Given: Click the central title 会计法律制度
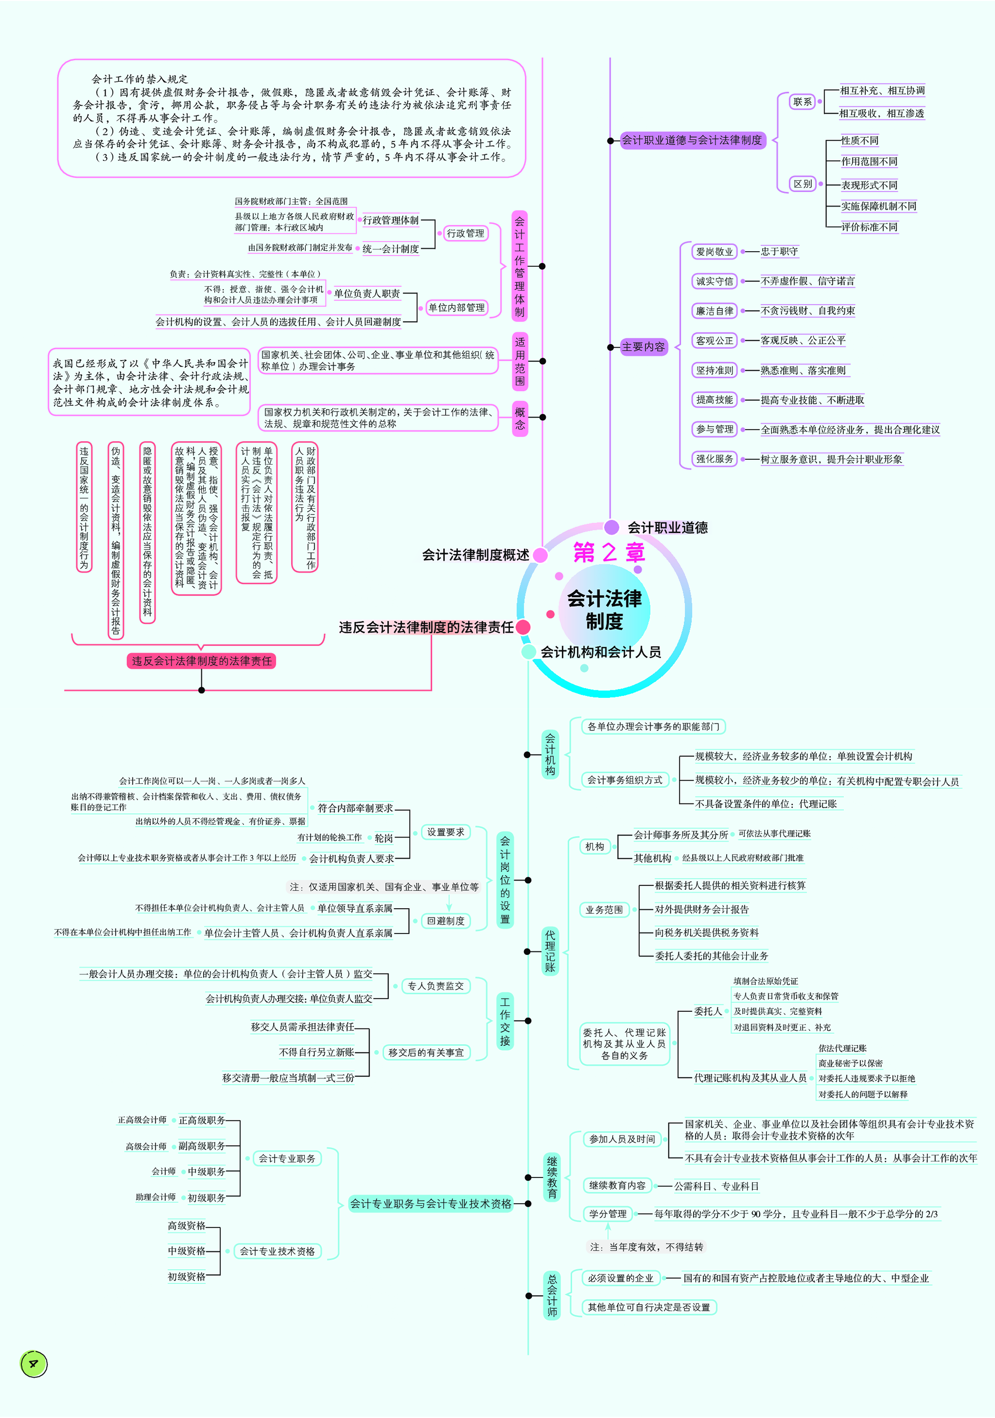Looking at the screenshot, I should (604, 610).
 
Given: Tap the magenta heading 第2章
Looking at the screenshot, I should (608, 552).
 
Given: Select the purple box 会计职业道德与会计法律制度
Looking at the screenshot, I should (692, 140).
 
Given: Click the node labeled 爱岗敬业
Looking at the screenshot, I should (714, 251).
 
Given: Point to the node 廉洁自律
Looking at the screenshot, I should (714, 311).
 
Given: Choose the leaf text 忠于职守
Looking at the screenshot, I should (779, 251).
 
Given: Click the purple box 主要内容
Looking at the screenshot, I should (643, 347).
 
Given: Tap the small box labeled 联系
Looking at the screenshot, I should (802, 102).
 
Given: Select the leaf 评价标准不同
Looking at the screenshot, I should (869, 227).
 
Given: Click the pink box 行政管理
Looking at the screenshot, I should (465, 233).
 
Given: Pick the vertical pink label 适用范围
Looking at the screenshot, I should (520, 361).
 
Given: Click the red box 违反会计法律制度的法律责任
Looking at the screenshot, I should (201, 661).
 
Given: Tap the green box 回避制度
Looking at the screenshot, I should (445, 921).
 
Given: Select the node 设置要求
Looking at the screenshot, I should (445, 832).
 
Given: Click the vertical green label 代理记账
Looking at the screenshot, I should (550, 951).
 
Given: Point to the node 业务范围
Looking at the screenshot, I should (603, 910).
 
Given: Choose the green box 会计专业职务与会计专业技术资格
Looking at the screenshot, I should (431, 1204).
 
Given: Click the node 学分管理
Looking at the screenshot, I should (607, 1213).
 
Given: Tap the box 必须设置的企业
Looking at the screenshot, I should (620, 1278).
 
